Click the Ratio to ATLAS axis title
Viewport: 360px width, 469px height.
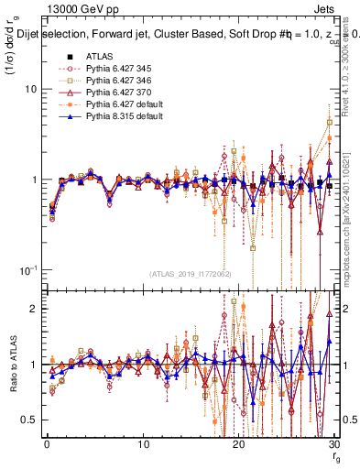12,364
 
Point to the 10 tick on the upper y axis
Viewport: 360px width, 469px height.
30,90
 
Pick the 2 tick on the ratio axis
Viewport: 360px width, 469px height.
33,309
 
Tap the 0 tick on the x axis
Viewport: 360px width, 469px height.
47,444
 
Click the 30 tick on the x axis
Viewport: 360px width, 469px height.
333,444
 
